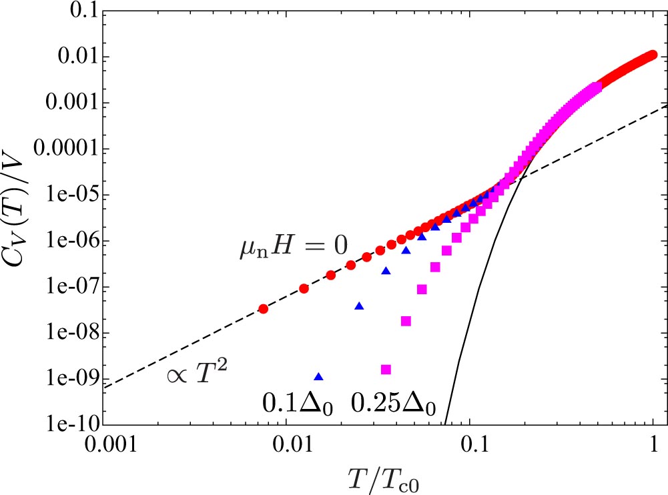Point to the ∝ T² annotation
(x=197, y=378)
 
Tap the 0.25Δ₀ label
(x=392, y=404)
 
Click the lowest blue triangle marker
(x=318, y=376)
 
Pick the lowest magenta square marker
(x=385, y=369)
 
